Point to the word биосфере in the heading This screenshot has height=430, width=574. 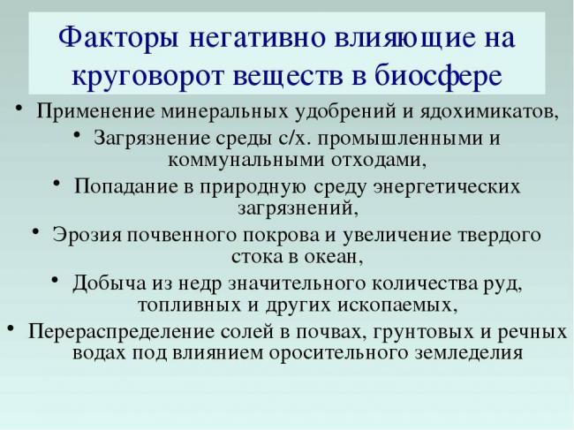[446, 74]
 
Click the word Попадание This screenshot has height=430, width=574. [125, 187]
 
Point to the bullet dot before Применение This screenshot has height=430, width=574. [19, 110]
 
